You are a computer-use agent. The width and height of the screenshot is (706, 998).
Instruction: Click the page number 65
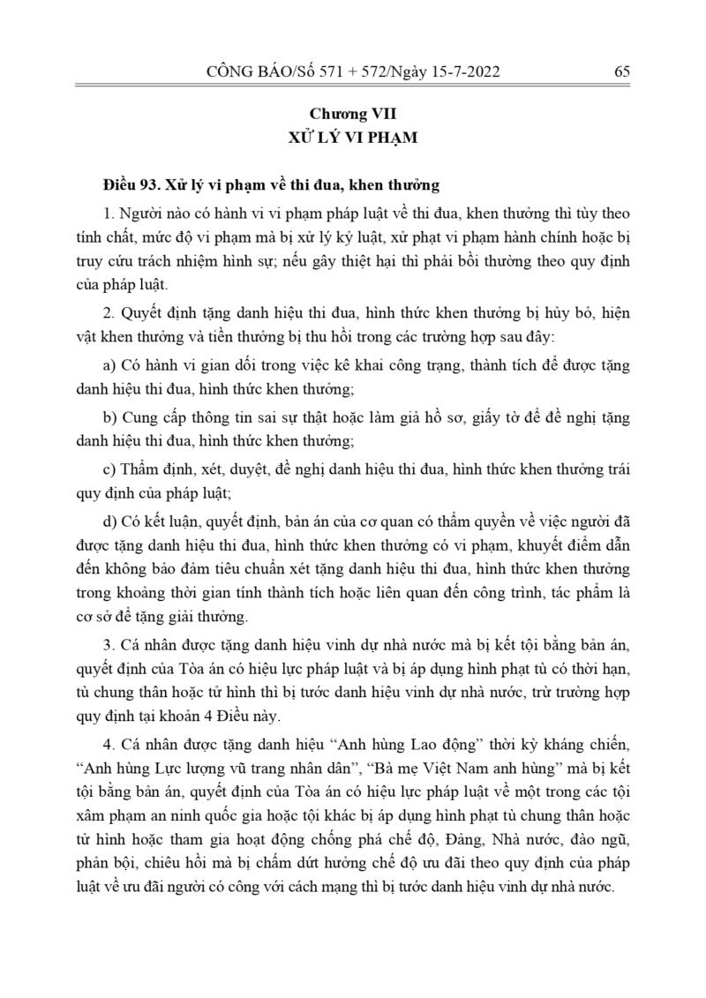(620, 72)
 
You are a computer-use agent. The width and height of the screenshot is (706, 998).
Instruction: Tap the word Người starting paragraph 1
(140, 214)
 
